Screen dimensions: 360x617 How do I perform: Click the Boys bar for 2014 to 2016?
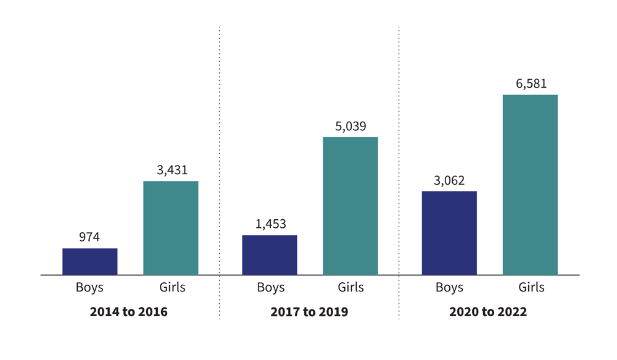(89, 261)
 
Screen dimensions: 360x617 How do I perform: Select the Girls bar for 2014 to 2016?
(171, 228)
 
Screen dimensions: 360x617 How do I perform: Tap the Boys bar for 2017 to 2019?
(270, 255)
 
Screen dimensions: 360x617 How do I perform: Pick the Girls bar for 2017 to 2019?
(350, 206)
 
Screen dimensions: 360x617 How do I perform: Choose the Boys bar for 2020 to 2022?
(449, 233)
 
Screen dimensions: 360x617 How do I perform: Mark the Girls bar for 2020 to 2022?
(530, 185)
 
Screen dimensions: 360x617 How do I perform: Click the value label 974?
(89, 237)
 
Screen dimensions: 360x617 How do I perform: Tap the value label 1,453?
(270, 224)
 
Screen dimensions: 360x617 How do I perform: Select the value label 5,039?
(350, 127)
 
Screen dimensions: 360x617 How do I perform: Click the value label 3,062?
(449, 181)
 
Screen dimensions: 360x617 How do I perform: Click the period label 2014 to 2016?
(129, 312)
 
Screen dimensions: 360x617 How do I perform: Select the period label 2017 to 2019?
(309, 312)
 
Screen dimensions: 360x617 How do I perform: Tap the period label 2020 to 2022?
(488, 312)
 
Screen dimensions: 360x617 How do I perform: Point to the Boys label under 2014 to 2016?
(89, 287)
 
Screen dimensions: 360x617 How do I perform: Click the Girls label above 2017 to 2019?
(351, 287)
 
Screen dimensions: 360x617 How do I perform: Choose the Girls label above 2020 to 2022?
(531, 287)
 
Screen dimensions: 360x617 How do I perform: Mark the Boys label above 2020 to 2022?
(449, 287)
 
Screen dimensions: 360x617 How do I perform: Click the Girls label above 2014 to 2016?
(172, 287)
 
